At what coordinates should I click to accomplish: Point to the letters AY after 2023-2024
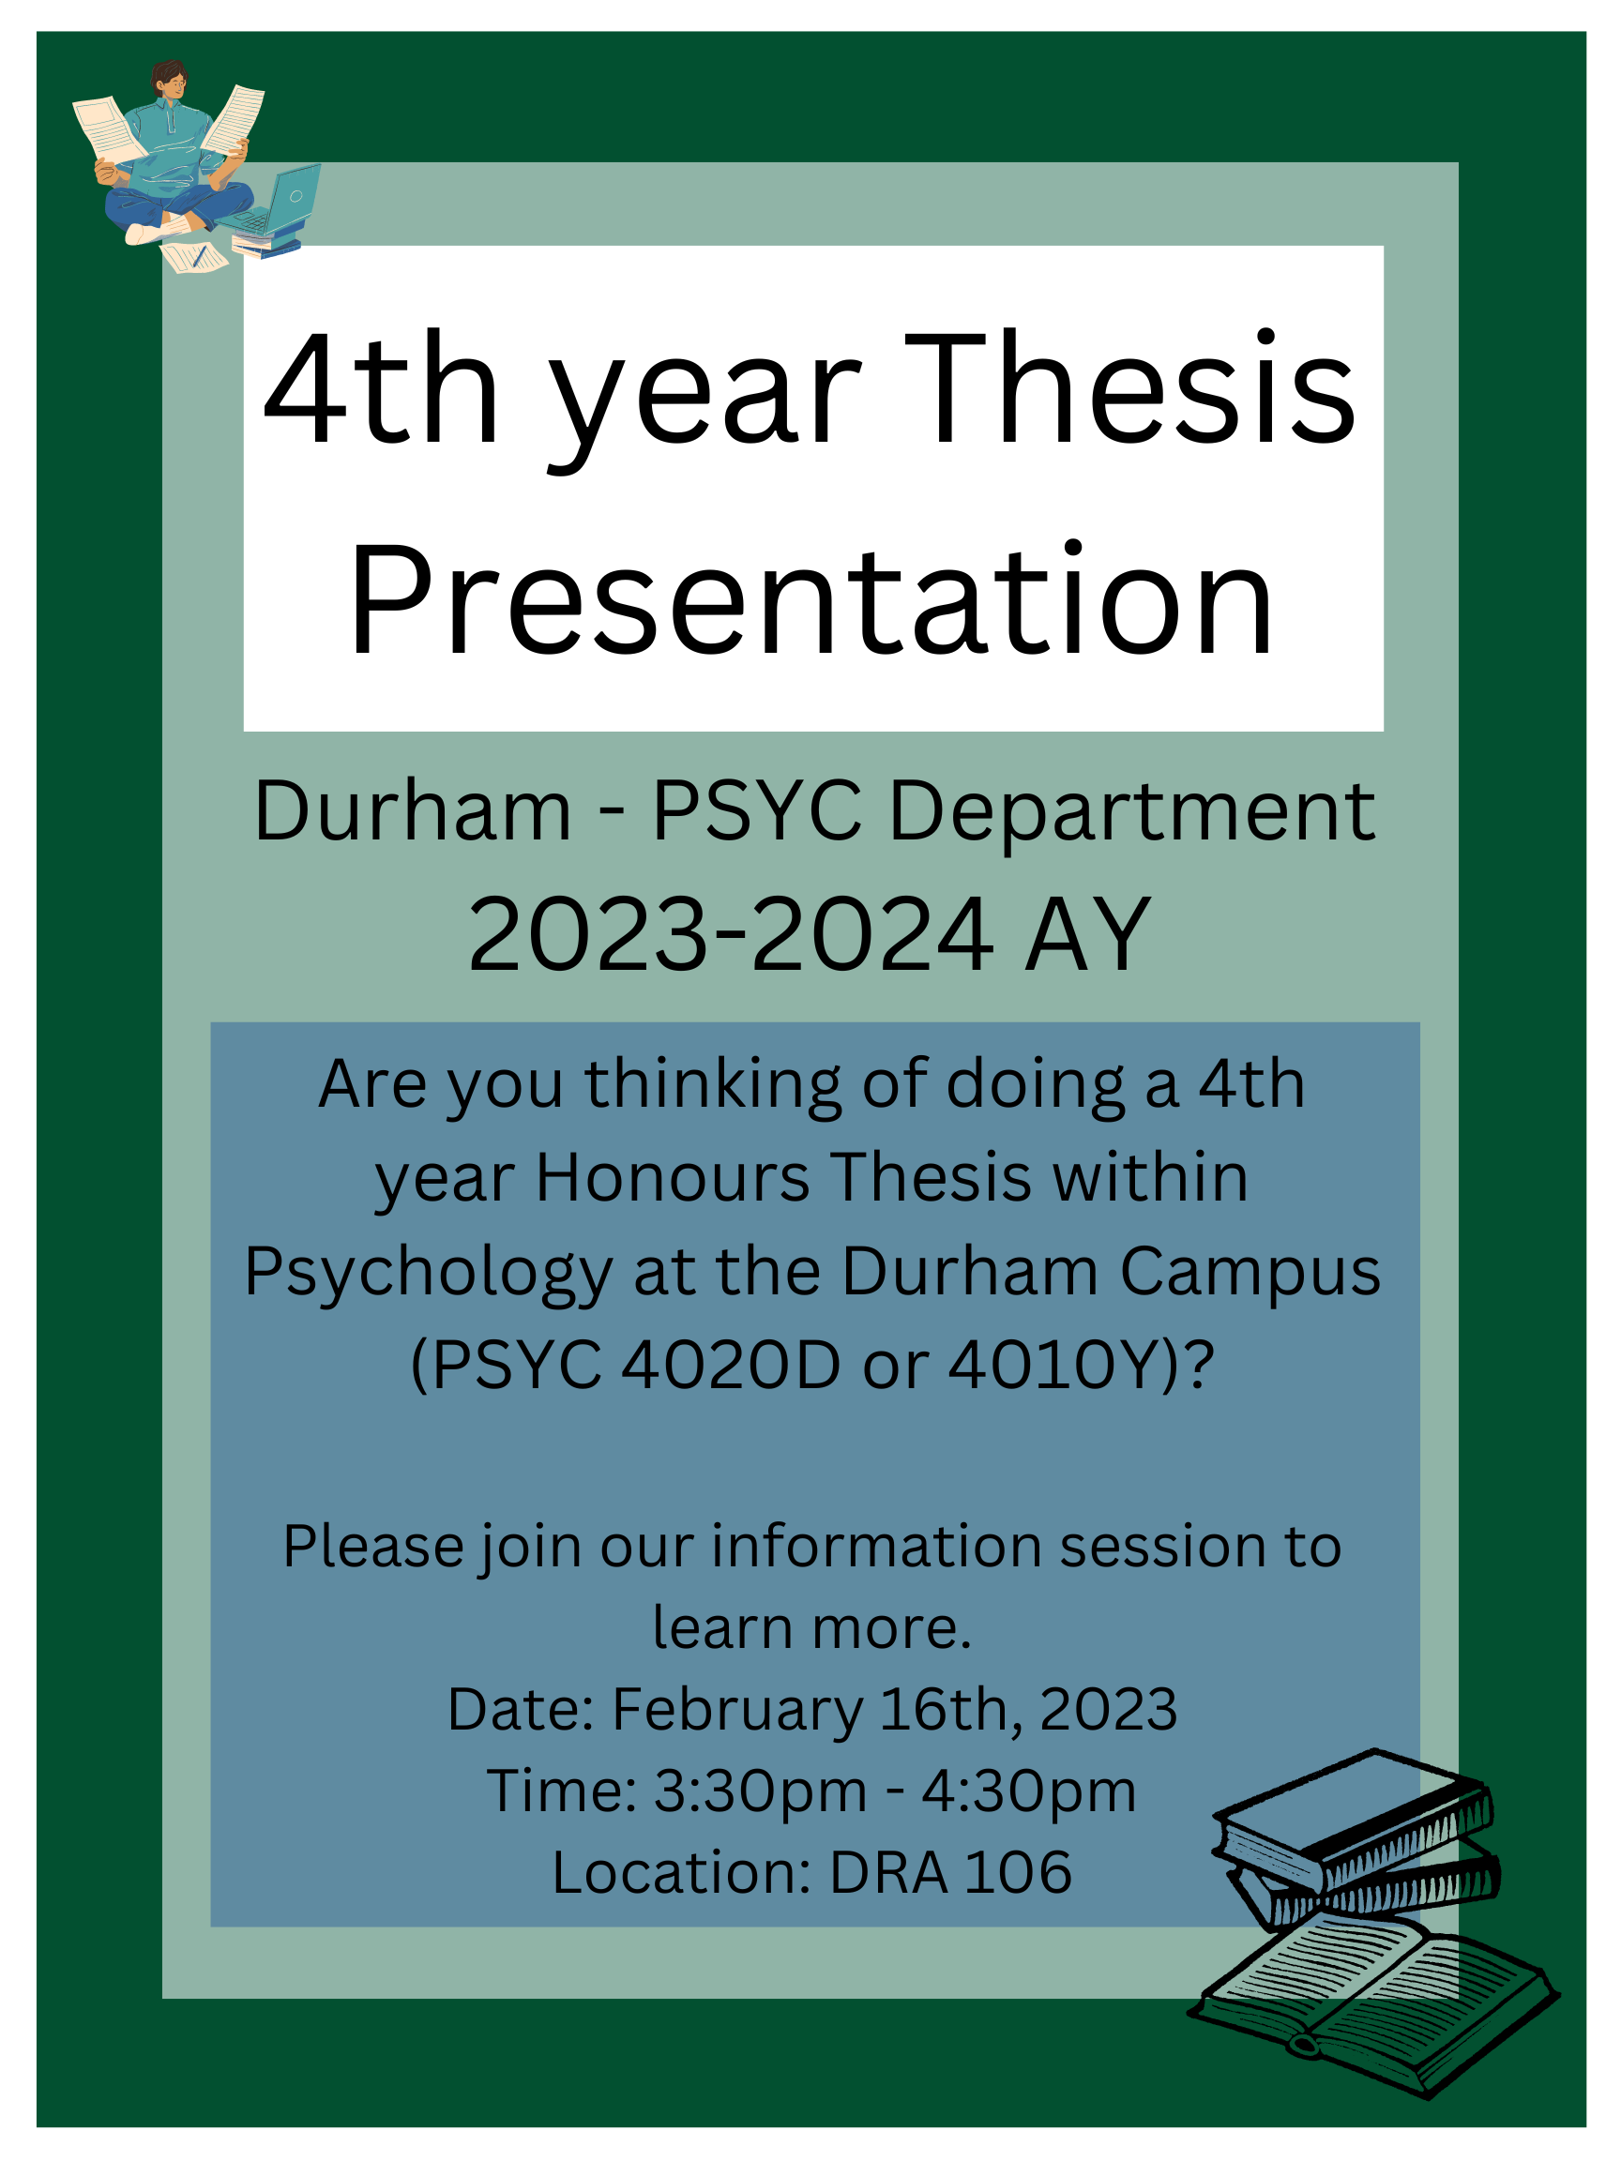pyautogui.click(x=1087, y=936)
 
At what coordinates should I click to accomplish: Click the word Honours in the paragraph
pyautogui.click(x=673, y=1177)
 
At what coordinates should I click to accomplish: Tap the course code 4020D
pyautogui.click(x=730, y=1366)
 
